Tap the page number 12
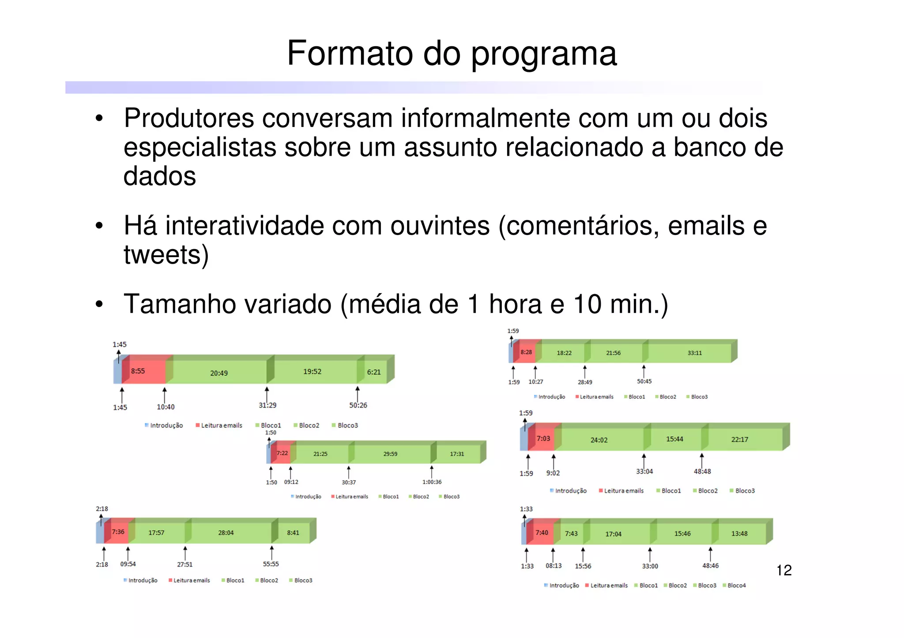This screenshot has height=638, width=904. tap(784, 570)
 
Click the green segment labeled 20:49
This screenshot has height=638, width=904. tap(219, 373)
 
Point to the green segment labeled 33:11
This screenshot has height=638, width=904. tap(694, 353)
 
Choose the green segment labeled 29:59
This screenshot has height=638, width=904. tap(390, 454)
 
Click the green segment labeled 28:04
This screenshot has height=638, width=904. tap(226, 533)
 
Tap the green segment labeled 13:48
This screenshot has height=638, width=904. tap(739, 534)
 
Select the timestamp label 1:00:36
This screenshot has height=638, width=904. tap(432, 482)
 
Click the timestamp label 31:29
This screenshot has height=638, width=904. tap(267, 405)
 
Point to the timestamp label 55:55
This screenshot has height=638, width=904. tap(271, 564)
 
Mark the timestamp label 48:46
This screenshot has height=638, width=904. tap(710, 566)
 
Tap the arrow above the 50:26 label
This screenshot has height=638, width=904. tap(358, 394)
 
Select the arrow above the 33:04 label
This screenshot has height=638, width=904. tap(644, 461)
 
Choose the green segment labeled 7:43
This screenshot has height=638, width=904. tap(571, 534)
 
